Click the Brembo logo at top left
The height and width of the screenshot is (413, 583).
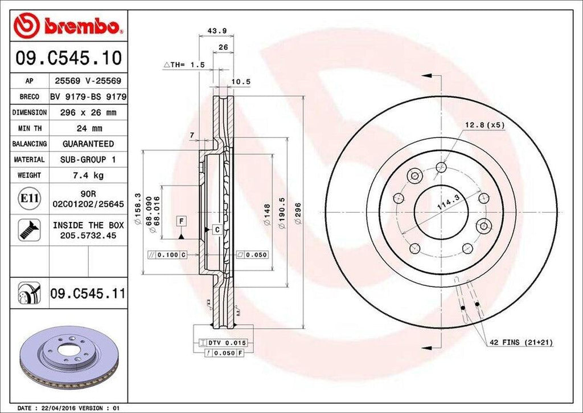(x=68, y=26)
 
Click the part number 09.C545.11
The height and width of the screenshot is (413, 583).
(x=88, y=294)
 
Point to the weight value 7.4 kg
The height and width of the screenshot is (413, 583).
(x=88, y=176)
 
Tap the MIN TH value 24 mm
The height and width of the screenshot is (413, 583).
(x=88, y=128)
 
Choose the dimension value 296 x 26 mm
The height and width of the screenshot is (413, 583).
(x=88, y=113)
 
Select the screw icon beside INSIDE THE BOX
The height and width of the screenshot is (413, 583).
(x=29, y=230)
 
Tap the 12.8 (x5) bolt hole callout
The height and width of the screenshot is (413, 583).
(x=485, y=124)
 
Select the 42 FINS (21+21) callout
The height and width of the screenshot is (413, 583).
(x=520, y=342)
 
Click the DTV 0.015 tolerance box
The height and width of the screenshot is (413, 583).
(x=225, y=342)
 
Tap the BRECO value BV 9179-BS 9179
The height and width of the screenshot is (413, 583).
(x=88, y=97)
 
